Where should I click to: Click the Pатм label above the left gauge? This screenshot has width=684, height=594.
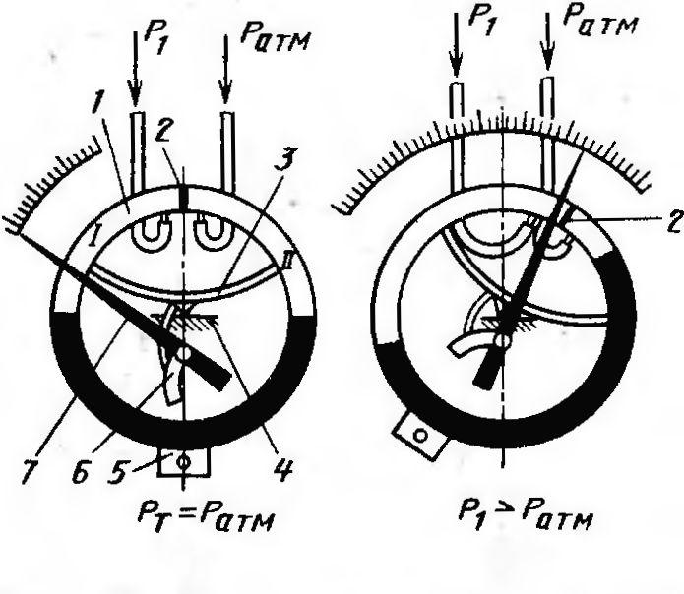pos(275,40)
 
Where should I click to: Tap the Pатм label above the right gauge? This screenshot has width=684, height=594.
pos(599,21)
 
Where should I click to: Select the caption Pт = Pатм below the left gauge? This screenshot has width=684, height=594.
pos(206,517)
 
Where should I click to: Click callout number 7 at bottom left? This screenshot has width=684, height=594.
pos(31,470)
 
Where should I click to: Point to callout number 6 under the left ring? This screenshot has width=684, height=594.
pos(81,470)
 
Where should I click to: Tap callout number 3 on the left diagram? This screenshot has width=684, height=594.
pos(288,159)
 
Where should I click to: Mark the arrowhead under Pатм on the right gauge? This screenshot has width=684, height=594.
pos(548,58)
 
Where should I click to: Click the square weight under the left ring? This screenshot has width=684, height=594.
pos(183,461)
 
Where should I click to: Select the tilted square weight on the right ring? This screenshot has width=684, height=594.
pos(420,436)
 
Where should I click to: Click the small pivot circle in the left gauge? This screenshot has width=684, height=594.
pos(185,354)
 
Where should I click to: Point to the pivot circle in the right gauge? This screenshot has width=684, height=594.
pos(504,339)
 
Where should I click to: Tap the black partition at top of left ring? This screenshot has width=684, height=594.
pos(184,199)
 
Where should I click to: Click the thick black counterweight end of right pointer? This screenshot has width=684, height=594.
pos(489,367)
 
